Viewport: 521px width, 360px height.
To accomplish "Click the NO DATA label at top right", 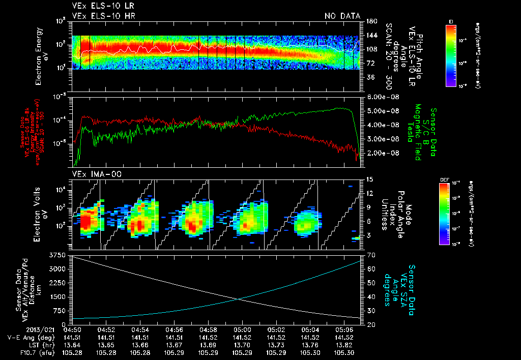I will click(x=342, y=16).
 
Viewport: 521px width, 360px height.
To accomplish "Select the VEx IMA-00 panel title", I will click(x=93, y=174).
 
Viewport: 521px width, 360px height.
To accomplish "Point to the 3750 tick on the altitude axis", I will click(x=57, y=254).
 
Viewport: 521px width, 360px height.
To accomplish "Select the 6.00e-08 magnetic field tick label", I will click(x=382, y=97).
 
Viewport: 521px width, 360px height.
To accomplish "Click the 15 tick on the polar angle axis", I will click(x=369, y=179).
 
